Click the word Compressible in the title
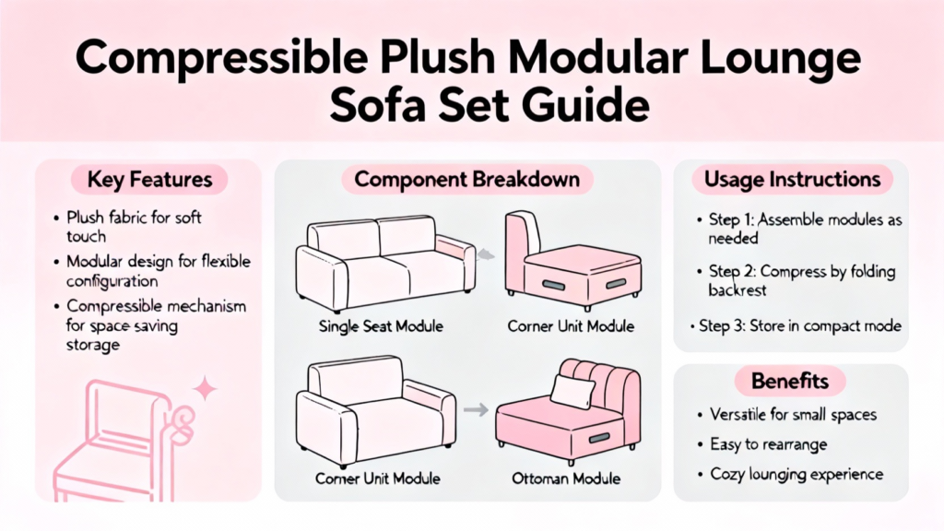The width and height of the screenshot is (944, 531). pyautogui.click(x=221, y=58)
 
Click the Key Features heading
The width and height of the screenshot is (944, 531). pyautogui.click(x=149, y=180)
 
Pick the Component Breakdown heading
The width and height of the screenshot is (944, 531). pyautogui.click(x=467, y=180)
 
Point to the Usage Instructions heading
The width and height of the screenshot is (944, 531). pyautogui.click(x=792, y=180)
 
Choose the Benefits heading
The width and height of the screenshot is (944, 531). pyautogui.click(x=790, y=381)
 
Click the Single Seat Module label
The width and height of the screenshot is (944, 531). pyautogui.click(x=381, y=326)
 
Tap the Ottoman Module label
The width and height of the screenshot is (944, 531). pyautogui.click(x=566, y=478)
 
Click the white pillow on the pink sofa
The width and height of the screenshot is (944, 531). pyautogui.click(x=571, y=391)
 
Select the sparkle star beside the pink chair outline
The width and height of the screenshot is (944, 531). pyautogui.click(x=206, y=388)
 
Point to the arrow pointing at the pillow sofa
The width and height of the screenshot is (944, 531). pyautogui.click(x=476, y=410)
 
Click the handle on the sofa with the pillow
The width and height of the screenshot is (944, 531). pyautogui.click(x=599, y=438)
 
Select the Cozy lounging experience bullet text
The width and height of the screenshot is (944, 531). pyautogui.click(x=796, y=475)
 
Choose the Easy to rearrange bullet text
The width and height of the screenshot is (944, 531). pyautogui.click(x=769, y=445)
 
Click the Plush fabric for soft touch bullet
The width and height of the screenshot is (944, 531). pyautogui.click(x=134, y=227)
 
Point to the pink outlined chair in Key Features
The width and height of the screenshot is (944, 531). pyautogui.click(x=121, y=441)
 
